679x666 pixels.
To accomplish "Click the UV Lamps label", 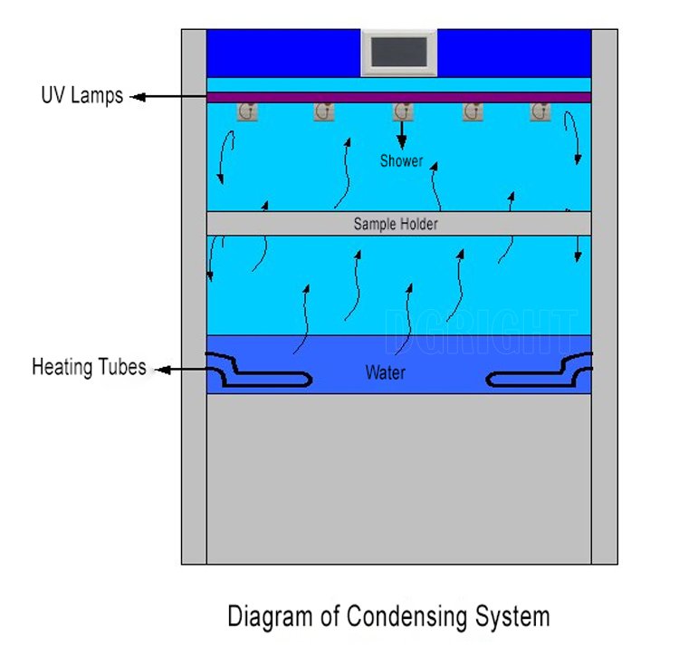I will (x=81, y=95).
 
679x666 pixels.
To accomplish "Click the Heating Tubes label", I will (x=88, y=367).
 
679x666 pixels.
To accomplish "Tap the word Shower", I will (x=401, y=161).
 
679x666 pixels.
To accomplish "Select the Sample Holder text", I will (x=396, y=224).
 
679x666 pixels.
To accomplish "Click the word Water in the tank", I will (x=385, y=372).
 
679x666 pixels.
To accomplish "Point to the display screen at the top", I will (x=399, y=53).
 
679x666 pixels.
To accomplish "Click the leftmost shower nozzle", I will (x=245, y=112).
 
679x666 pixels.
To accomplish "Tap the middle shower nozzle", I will (x=403, y=112).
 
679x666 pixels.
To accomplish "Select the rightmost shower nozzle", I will (x=540, y=112).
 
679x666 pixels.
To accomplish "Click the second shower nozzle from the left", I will (x=324, y=112).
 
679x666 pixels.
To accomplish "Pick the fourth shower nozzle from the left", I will (x=472, y=112).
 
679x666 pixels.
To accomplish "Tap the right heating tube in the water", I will (x=540, y=374).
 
